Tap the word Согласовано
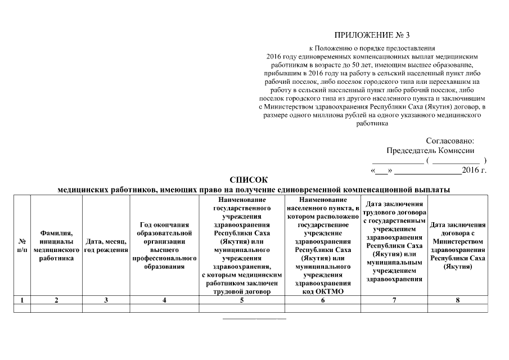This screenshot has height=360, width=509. pos(450,141)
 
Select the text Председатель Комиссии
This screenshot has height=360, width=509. pos(430,151)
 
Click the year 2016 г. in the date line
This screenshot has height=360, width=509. pos(474,170)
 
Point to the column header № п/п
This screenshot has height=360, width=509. pos(22,245)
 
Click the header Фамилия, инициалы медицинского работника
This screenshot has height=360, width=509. pos(56,245)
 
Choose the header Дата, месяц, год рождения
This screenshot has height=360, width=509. pos(106,245)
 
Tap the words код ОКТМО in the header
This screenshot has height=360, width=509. pos(322,291)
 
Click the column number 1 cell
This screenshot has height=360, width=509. pos(22,300)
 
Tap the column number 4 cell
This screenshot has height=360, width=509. pos(164,300)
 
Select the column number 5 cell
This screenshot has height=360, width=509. pos(241,300)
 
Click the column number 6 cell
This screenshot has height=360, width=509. pos(322,300)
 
